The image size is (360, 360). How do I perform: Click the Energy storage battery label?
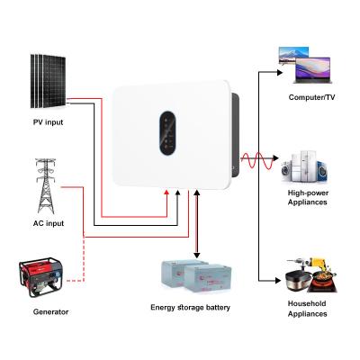191,308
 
